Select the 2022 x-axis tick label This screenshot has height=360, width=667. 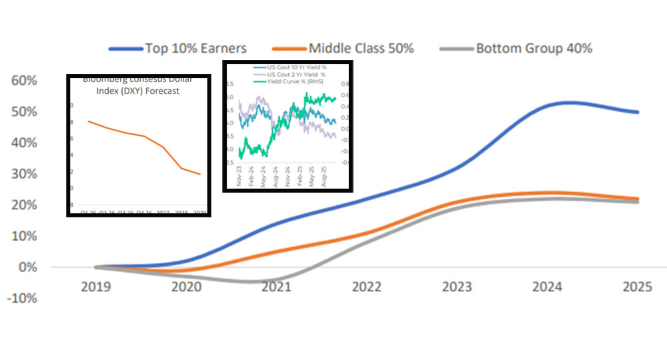(x=367, y=287)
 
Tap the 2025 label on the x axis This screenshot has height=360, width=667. (x=638, y=287)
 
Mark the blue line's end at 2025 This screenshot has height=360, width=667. (x=638, y=112)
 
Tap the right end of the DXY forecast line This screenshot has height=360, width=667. (x=199, y=174)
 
